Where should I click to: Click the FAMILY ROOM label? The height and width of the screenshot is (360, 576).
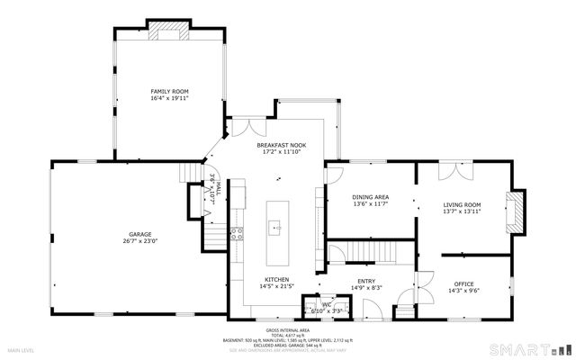coord(168,91)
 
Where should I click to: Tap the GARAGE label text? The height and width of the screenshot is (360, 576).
coord(139,234)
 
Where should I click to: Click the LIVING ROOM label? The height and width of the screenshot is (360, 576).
coord(462,204)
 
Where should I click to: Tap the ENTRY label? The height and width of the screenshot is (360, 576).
coord(366,281)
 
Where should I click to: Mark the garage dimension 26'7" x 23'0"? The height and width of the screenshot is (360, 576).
coord(139,241)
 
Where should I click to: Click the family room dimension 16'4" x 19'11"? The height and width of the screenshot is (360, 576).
coord(168,98)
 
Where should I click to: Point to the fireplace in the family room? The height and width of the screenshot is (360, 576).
coord(169,32)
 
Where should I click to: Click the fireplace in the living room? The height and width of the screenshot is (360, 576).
coord(517,209)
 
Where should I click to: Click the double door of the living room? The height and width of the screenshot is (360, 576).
coord(451,168)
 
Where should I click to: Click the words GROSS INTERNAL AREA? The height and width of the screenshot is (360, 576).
coord(287,329)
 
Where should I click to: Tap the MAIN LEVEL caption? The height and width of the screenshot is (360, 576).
coord(22,349)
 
